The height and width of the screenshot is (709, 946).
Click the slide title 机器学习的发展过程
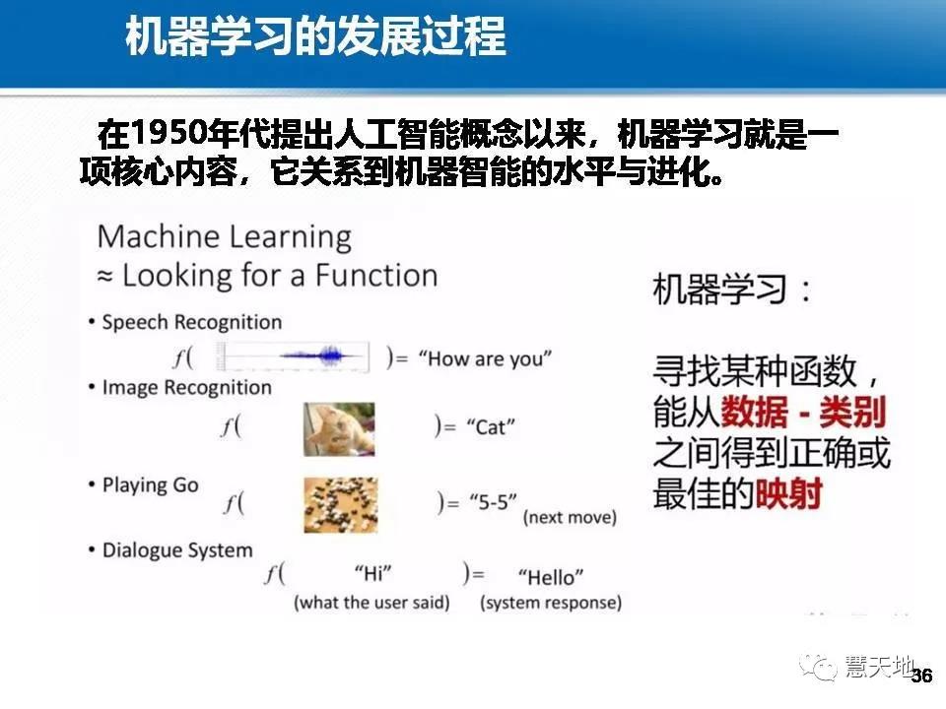pos(315,38)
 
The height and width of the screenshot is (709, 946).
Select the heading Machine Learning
pos(225,237)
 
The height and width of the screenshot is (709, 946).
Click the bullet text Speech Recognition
pos(191,322)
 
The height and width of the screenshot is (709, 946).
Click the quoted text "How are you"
pos(486,358)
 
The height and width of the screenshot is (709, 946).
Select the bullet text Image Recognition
pos(186,387)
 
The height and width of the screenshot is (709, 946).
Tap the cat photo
pos(339,428)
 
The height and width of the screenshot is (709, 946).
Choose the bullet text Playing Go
pos(150,484)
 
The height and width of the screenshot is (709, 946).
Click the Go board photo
pos(340,504)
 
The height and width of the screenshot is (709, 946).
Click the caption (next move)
pos(570,517)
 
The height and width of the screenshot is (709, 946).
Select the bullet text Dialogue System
pos(177,549)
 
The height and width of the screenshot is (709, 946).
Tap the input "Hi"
pos(372,575)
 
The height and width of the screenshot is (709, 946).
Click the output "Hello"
pos(550,576)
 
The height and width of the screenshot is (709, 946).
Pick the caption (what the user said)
pos(372,602)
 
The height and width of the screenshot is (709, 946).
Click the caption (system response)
pos(551,602)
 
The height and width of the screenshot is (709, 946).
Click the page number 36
pos(922,677)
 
